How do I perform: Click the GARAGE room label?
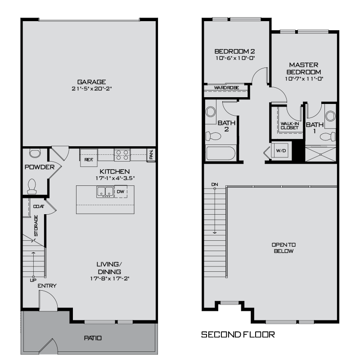tap(91, 82)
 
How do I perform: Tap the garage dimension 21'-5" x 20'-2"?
tap(91, 89)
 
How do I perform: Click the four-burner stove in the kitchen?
tap(121, 155)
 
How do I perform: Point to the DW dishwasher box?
tap(120, 192)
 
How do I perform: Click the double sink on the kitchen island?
tap(104, 192)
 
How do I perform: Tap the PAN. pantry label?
tap(151, 155)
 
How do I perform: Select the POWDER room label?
tap(40, 167)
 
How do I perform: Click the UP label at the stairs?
tap(33, 280)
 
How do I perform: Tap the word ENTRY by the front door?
tap(47, 286)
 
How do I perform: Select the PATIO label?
tap(93, 338)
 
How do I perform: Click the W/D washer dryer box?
tap(281, 150)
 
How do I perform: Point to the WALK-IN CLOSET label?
tap(289, 125)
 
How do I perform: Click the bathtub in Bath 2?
tap(221, 153)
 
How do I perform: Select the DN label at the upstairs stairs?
tap(215, 185)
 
